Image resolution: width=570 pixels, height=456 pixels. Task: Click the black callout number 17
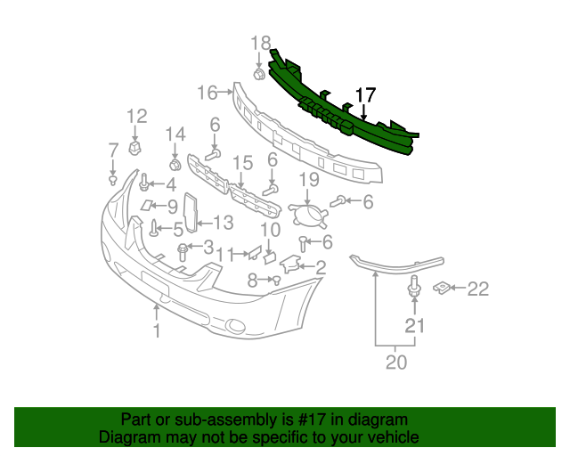point(365,95)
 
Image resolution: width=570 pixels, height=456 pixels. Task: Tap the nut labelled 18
point(258,74)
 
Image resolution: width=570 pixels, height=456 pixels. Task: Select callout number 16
point(208,93)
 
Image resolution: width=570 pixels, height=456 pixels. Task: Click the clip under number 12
point(134,148)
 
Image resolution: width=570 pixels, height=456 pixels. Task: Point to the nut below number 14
point(175,165)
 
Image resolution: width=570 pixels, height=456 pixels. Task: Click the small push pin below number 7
point(113,180)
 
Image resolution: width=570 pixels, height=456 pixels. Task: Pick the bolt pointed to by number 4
point(144,183)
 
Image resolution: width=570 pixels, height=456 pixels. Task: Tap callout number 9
point(172,207)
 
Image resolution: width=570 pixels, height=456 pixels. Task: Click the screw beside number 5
point(154,228)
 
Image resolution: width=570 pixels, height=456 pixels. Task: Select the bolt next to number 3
point(183,252)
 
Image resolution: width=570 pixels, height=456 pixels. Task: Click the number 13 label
point(223,222)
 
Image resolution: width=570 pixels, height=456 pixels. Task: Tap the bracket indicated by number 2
point(290,264)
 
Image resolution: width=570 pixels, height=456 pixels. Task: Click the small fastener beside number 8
point(277,280)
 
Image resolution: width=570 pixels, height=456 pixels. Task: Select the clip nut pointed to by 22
point(442,288)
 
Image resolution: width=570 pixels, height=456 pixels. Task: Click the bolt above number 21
point(414,287)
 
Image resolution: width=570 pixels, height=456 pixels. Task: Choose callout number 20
point(395,362)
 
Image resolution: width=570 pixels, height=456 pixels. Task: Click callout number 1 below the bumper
point(157,331)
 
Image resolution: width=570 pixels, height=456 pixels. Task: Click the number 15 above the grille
point(243,163)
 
